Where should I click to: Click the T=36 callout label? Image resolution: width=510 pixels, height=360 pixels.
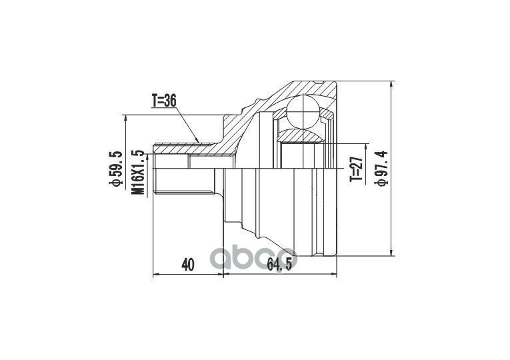[164, 101]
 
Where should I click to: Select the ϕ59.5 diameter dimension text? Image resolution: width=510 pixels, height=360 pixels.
[117, 169]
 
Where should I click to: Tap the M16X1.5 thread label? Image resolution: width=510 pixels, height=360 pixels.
[138, 173]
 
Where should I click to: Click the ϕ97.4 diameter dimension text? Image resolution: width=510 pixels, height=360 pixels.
[381, 169]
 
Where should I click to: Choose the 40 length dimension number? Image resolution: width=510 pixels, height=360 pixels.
[188, 265]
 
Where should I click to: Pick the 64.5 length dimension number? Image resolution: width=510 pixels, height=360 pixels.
[278, 265]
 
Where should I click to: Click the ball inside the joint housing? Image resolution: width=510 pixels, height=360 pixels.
[303, 111]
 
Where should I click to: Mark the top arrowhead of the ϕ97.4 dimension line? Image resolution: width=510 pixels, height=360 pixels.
[392, 84]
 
